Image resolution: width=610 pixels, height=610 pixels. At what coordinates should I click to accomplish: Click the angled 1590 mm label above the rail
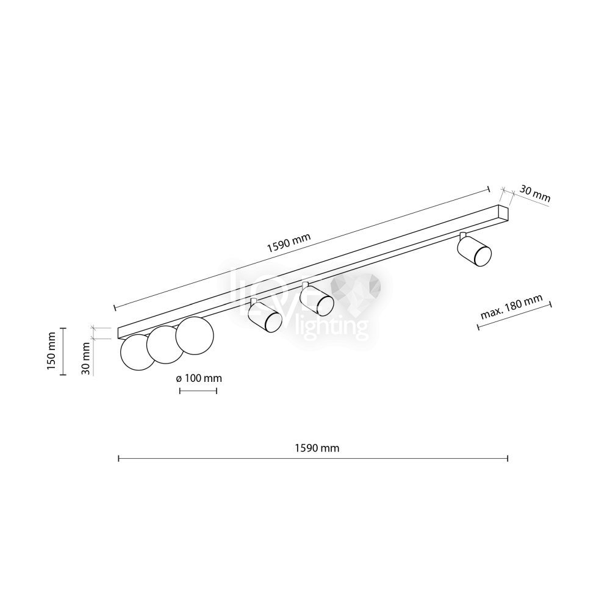click(x=289, y=242)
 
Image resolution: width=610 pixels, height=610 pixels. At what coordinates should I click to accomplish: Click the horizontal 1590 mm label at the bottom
click(x=317, y=448)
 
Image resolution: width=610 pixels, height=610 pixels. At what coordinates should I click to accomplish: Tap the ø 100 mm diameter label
click(x=199, y=378)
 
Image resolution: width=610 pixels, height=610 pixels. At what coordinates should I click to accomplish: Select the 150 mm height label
click(x=51, y=352)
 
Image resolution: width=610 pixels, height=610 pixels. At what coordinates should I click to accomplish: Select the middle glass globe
click(x=165, y=345)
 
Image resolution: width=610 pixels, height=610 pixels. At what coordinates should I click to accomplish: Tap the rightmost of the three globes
click(x=195, y=335)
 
